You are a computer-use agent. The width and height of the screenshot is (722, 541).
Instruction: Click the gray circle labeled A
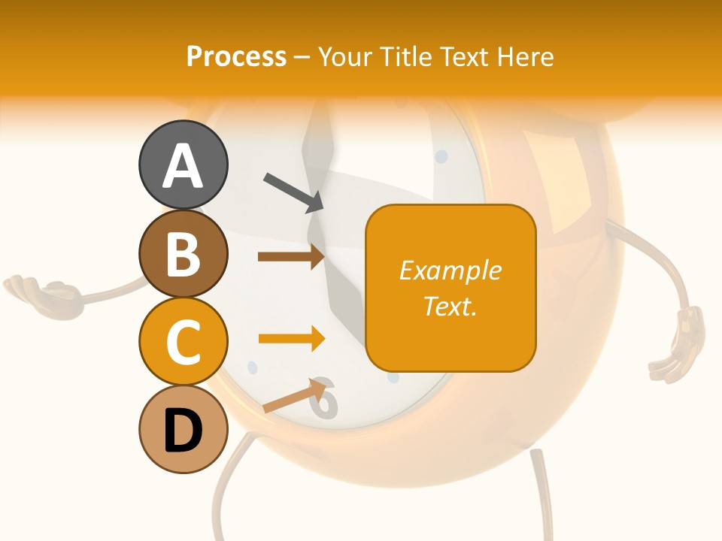183,165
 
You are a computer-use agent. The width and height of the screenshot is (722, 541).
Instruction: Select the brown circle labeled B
183,254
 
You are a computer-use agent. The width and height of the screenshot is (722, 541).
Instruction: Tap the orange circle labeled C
183,342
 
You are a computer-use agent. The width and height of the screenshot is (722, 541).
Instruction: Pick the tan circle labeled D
183,430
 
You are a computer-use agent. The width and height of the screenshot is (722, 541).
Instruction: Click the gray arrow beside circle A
293,192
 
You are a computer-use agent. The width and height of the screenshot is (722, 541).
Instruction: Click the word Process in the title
236,56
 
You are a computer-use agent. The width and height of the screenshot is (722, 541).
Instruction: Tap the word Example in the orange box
450,270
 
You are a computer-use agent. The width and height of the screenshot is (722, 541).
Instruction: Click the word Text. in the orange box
450,306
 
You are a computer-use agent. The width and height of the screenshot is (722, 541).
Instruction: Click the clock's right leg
539,488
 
